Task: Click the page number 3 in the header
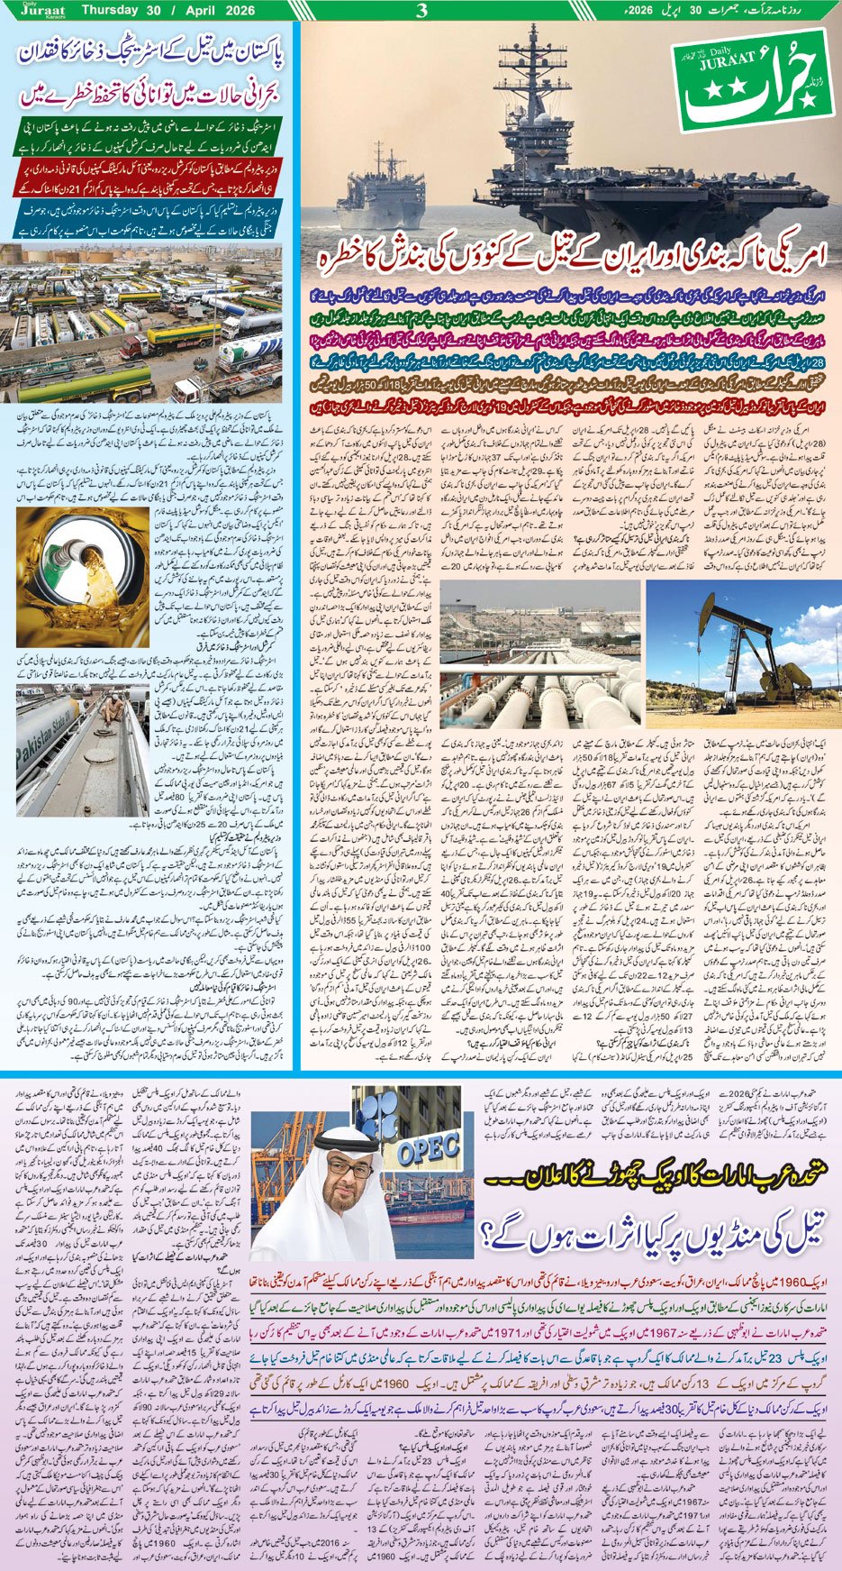[421, 11]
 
